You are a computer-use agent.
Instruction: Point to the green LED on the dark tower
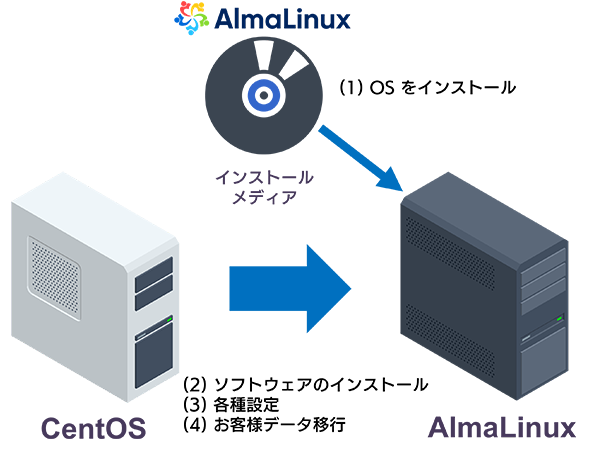point(559,319)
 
